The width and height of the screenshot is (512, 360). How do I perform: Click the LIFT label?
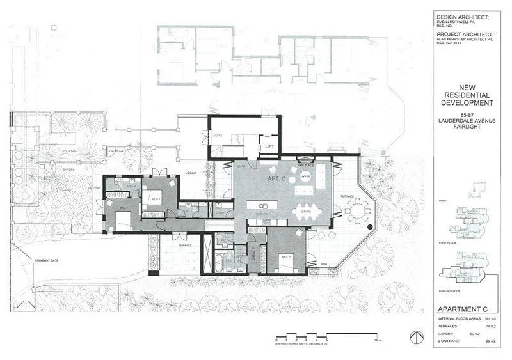pos(269,146)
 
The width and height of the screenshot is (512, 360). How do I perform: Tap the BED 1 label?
pos(285,257)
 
